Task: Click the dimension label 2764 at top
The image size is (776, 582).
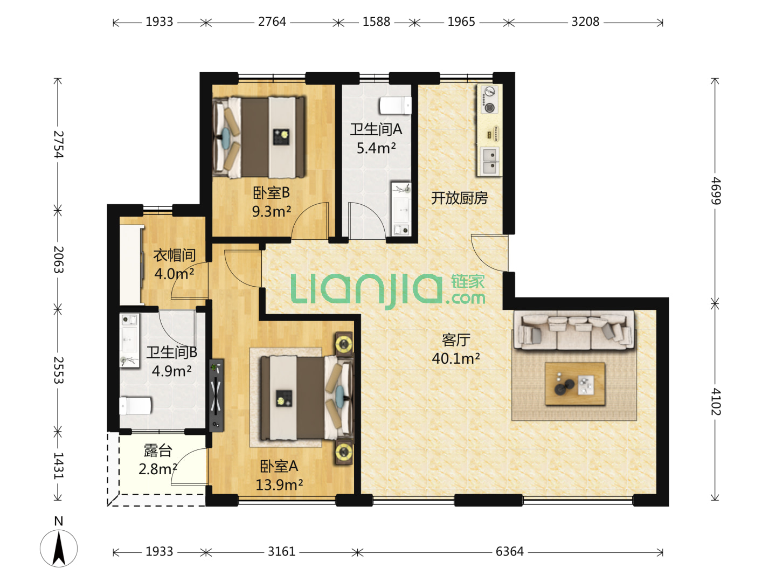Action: tap(272, 22)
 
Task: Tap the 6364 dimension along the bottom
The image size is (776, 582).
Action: tap(509, 551)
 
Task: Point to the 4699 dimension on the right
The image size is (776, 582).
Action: tap(716, 190)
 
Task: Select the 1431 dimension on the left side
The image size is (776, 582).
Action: tap(58, 466)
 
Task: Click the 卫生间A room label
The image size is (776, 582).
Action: tap(376, 130)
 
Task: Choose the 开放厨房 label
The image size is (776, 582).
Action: tap(459, 198)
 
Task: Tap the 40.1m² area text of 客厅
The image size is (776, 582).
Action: tap(456, 359)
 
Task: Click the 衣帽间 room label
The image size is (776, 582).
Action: tap(174, 255)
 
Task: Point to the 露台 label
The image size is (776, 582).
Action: tap(158, 451)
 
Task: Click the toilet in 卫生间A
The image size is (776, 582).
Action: tap(395, 105)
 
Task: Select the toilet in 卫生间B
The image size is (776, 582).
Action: tap(135, 406)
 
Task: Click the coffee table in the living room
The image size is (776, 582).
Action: tap(575, 383)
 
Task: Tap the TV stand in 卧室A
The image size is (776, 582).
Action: tap(216, 396)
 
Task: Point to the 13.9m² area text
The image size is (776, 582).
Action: tap(279, 485)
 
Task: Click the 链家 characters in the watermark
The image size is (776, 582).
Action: tap(468, 281)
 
